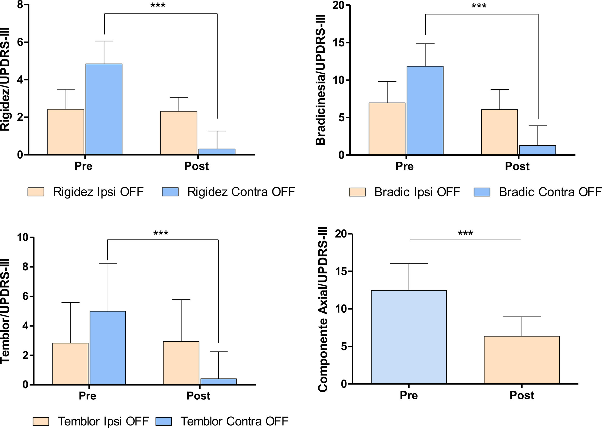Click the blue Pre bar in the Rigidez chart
tap(104, 109)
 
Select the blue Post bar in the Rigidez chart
tap(217, 152)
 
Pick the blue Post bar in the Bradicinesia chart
tap(537, 150)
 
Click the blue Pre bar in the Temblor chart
tap(108, 348)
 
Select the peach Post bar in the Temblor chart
tap(181, 363)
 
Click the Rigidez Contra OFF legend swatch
tap(170, 192)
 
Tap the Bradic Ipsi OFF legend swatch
tap(357, 192)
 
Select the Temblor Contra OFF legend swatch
tap(164, 421)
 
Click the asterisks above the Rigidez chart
tap(158, 5)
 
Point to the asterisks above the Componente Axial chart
tap(465, 233)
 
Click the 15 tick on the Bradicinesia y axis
tap(339, 43)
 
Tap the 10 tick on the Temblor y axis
tap(23, 237)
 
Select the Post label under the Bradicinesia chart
tap(517, 166)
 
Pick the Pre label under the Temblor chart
tap(87, 396)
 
